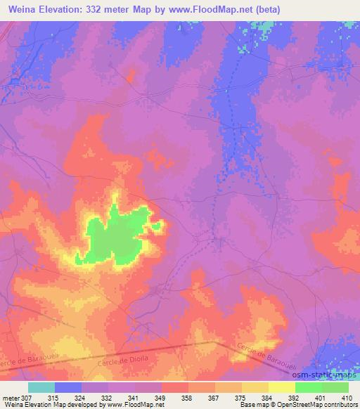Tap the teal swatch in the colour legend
point(41,387)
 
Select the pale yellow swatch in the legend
point(281,387)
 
